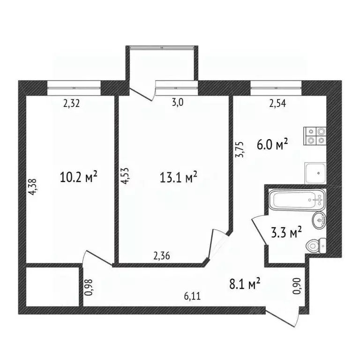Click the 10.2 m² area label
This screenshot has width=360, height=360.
[79, 177]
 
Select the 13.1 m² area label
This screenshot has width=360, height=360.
[179, 177]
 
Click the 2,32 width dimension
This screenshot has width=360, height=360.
[72, 104]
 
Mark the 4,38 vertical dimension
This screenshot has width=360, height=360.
[32, 187]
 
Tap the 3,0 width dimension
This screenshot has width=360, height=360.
[178, 104]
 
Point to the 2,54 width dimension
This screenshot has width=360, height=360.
[277, 104]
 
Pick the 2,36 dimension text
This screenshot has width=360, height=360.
[162, 256]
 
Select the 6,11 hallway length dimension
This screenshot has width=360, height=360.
[193, 296]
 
